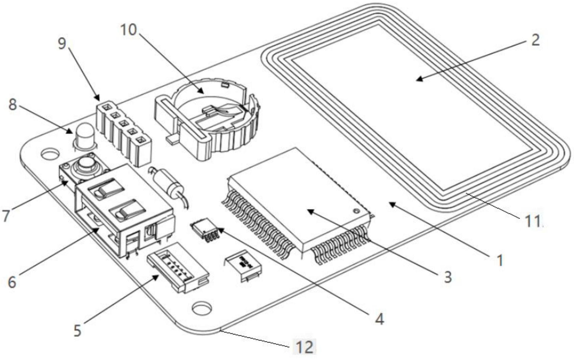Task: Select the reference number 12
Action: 305,347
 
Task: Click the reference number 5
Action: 77,331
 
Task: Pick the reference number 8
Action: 12,104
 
